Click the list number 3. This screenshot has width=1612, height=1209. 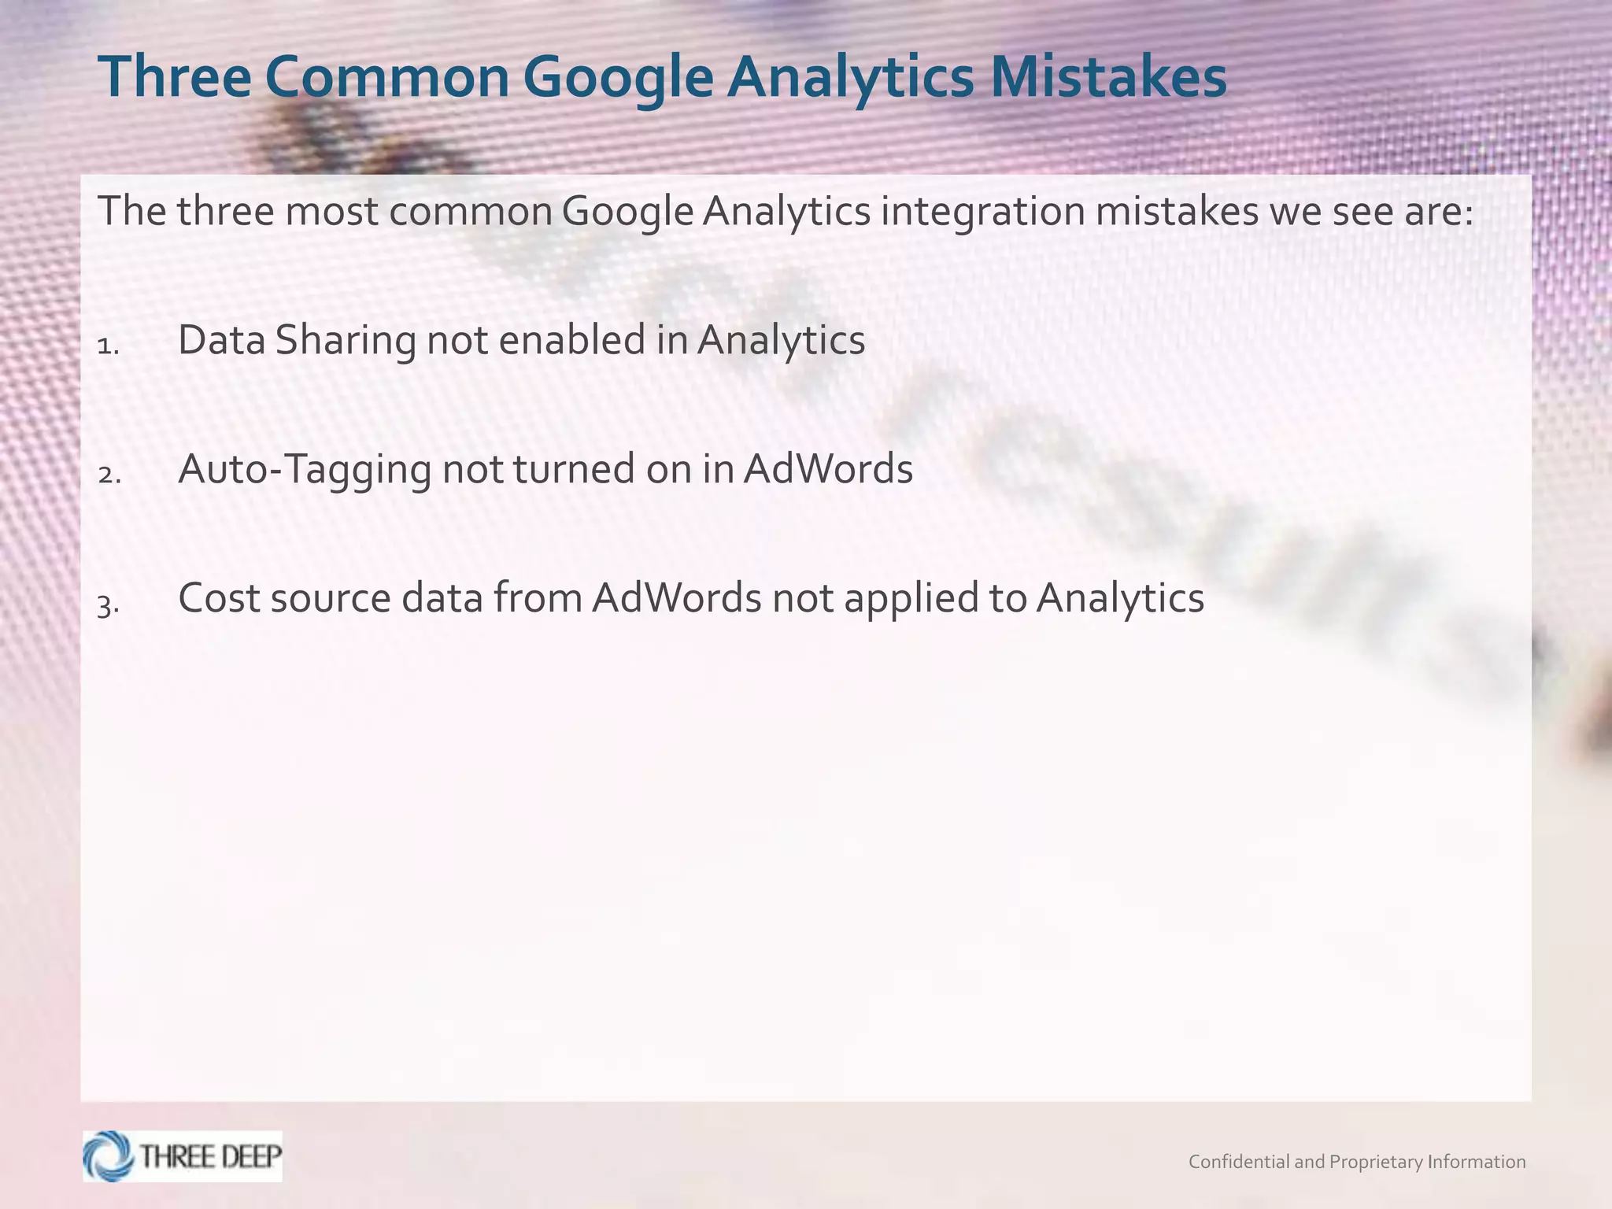(x=109, y=604)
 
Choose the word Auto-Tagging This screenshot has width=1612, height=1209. (x=305, y=470)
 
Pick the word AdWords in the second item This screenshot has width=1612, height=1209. (x=828, y=469)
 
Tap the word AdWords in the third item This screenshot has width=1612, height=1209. (x=677, y=598)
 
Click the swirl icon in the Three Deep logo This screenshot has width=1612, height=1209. (x=109, y=1155)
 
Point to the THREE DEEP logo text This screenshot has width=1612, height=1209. (x=210, y=1155)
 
